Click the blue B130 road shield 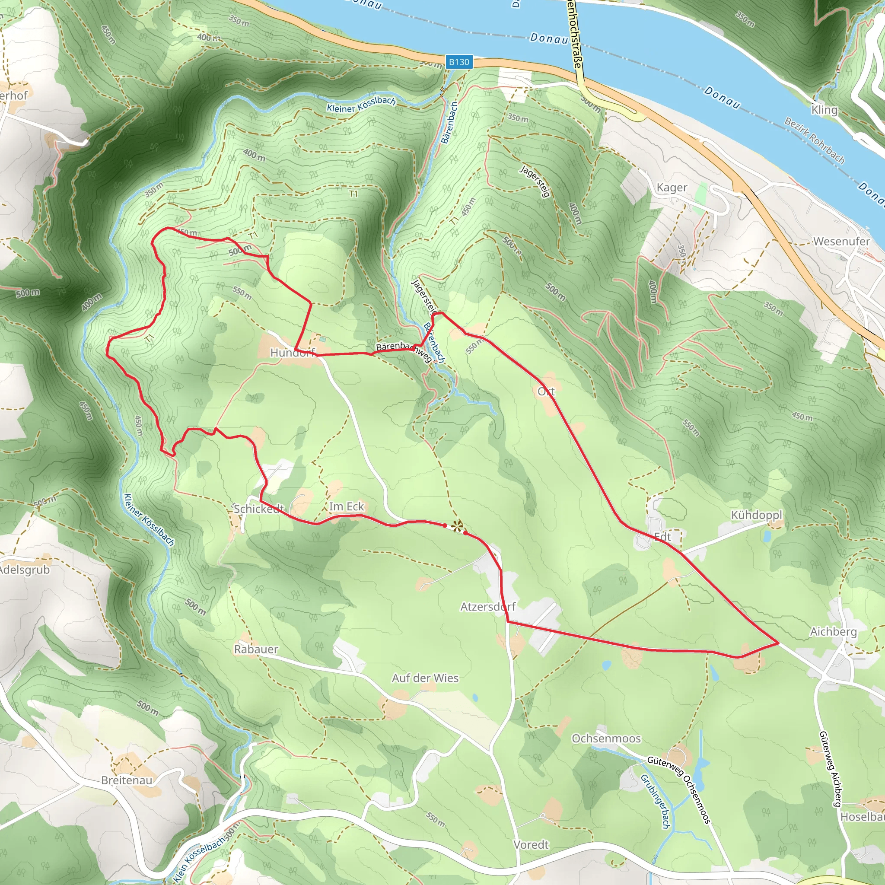tap(459, 62)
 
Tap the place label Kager tap(672, 188)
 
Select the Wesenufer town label tap(841, 242)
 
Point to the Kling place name tap(824, 110)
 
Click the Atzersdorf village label tap(488, 606)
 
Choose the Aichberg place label tap(833, 632)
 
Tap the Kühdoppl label tap(757, 515)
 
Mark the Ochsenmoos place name tap(606, 739)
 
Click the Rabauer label tap(256, 649)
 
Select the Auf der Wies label tap(425, 678)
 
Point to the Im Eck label tap(346, 506)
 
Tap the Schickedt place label tap(259, 509)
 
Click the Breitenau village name tap(127, 780)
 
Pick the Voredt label tap(531, 844)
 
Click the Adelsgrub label tap(24, 570)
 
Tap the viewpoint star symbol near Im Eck tap(457, 526)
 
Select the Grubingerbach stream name tap(655, 801)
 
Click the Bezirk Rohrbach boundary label tap(815, 140)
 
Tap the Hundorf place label tap(292, 352)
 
